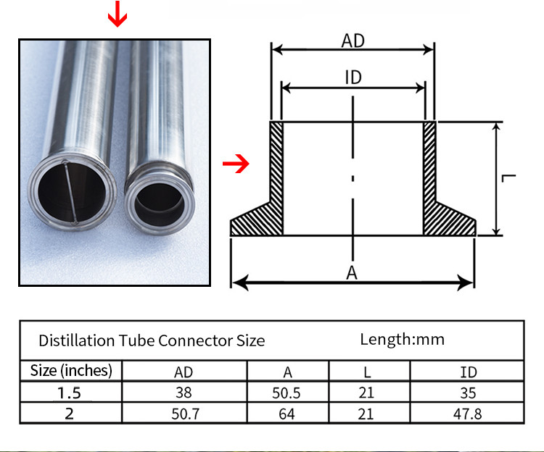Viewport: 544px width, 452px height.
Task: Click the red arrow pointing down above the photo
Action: pos(117,14)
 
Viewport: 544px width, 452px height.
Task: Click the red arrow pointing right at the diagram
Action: pos(235,164)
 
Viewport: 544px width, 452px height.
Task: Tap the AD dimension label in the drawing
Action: pos(353,41)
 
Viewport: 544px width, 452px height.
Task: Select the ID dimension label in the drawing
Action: pos(353,78)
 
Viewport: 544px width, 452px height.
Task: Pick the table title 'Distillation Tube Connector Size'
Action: pos(152,340)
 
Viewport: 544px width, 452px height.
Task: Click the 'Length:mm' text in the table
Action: pos(402,338)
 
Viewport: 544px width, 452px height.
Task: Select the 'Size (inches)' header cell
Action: pos(71,371)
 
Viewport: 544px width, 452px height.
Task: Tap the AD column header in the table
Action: pos(184,372)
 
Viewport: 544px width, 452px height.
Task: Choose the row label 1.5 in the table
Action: pos(71,393)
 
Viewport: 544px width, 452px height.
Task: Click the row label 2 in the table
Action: pos(71,414)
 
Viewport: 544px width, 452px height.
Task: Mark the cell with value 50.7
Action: pos(184,414)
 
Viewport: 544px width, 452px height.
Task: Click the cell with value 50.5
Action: pos(288,393)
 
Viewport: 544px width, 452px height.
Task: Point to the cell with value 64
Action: pos(288,414)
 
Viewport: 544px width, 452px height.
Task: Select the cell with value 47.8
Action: pos(469,414)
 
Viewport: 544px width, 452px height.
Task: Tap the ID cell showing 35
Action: pos(469,393)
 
